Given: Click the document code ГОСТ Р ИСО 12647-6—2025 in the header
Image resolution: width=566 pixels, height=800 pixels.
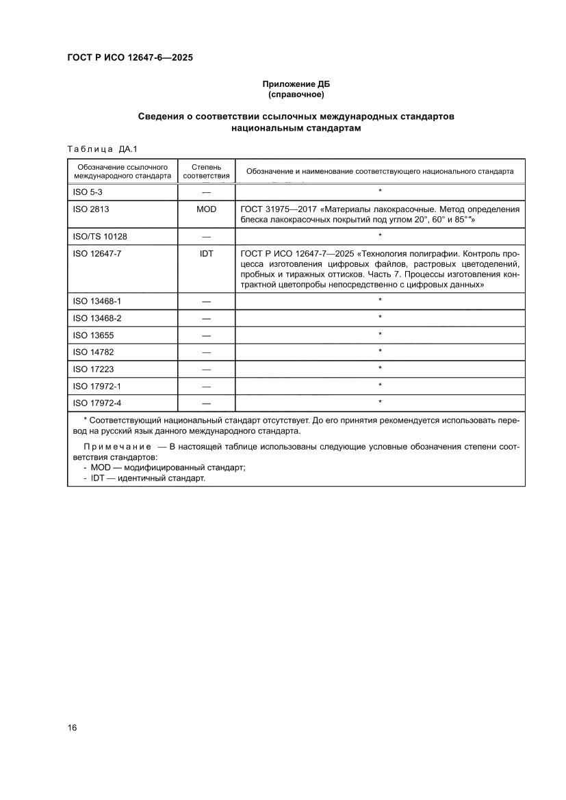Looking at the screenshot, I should point(129,58).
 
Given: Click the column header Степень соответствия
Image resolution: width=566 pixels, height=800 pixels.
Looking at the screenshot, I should point(206,171).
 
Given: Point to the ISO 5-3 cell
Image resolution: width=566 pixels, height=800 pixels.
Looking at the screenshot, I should point(88,192).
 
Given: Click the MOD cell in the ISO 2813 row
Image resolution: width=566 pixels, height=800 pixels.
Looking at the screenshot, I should point(206,209).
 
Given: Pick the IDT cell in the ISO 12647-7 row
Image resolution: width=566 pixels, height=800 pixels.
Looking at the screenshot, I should point(206,253).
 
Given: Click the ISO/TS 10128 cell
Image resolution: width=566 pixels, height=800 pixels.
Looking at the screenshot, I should point(100,236).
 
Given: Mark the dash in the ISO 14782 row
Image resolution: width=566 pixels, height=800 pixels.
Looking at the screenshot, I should point(206,352).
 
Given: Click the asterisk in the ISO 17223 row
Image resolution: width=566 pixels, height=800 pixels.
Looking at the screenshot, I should point(380,368).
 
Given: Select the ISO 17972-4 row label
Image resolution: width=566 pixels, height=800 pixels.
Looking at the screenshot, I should point(97,402).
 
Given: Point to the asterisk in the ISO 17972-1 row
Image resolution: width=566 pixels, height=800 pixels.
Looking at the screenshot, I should point(380,385).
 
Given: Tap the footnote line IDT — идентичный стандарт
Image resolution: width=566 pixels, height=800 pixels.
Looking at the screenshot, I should point(148,478).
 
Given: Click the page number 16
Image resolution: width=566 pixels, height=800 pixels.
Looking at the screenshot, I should point(72,727).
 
